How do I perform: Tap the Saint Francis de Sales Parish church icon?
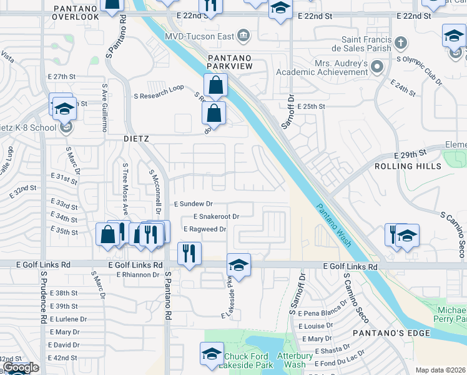[x=401, y=43]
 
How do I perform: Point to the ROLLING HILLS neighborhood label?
[x=408, y=166]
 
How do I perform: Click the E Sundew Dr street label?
[x=194, y=204]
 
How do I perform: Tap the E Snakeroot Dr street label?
[x=216, y=216]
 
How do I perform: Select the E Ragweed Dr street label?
[x=204, y=229]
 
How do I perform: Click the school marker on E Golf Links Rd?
[x=238, y=264]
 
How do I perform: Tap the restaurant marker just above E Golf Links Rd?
[x=188, y=252]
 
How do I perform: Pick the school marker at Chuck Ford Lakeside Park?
[x=212, y=354]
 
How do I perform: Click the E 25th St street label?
[x=311, y=107]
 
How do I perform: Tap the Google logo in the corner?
[x=21, y=368]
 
